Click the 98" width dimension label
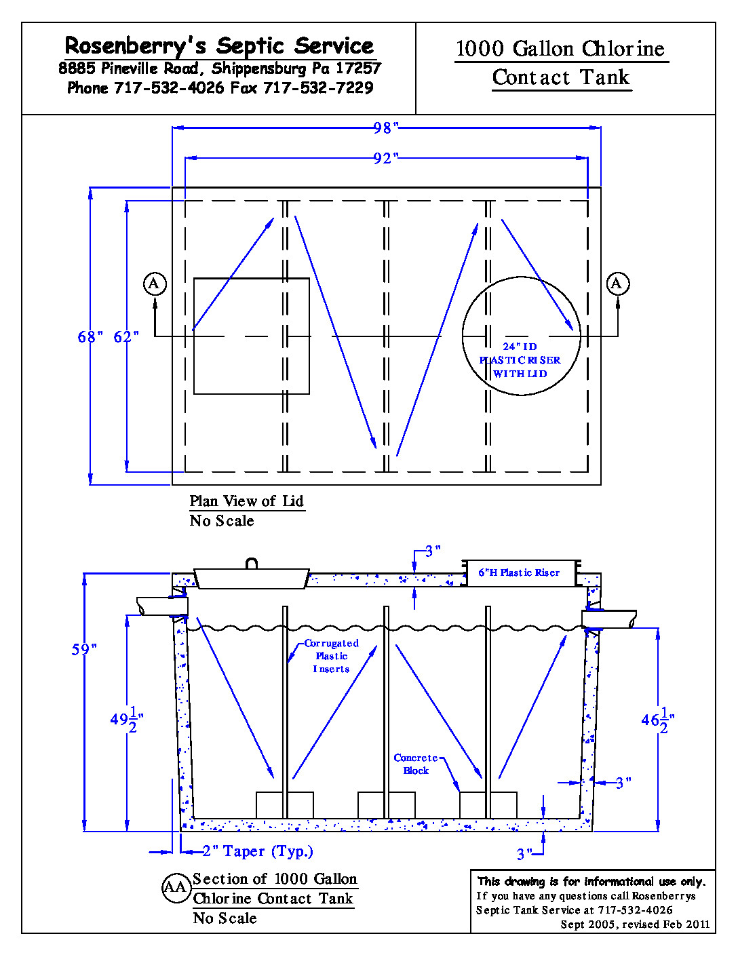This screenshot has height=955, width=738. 385,128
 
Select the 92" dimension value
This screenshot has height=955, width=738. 385,159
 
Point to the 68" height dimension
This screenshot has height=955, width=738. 90,336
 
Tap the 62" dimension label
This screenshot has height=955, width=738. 125,336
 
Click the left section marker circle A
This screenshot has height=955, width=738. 155,284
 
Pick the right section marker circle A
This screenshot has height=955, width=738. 617,284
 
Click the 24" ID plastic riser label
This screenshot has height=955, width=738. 520,360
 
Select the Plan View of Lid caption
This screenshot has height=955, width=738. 246,501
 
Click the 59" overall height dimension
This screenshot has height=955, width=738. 84,649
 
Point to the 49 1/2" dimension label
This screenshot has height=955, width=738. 126,720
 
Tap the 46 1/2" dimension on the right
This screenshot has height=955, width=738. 657,720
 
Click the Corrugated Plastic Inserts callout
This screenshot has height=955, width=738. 331,656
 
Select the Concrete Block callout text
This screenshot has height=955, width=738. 416,764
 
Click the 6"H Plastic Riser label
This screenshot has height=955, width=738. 519,573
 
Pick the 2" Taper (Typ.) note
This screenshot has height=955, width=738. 257,851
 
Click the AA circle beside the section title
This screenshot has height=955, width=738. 176,888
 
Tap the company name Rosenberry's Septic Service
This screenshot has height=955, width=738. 219,46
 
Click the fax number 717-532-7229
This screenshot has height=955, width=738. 318,88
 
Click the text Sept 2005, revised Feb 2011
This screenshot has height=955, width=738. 635,924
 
